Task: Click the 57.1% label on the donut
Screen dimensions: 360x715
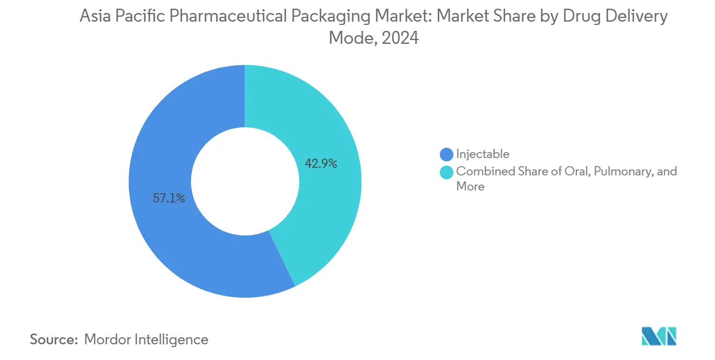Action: [x=169, y=199]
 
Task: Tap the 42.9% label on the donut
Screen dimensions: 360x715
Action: [x=321, y=163]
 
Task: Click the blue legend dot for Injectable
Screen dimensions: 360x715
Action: [x=446, y=154]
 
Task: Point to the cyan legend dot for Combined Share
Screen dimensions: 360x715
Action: [x=446, y=172]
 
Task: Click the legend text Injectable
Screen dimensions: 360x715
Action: [x=483, y=154]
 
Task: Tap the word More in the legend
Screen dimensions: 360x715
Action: [x=470, y=187]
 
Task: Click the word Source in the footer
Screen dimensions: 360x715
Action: [x=54, y=339]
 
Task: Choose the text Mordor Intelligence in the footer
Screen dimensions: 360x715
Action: [x=146, y=339]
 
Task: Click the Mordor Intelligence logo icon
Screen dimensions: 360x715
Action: [x=659, y=336]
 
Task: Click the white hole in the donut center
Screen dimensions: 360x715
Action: [x=245, y=181]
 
